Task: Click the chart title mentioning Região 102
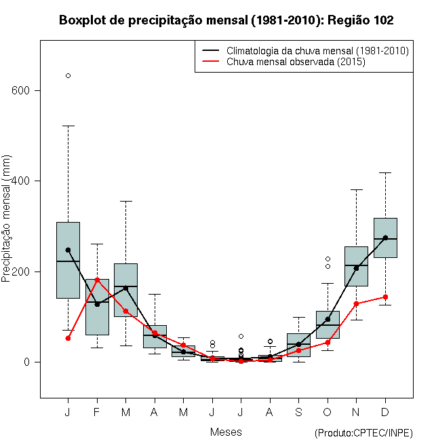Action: coord(226,20)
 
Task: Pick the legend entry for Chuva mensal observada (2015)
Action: coord(296,62)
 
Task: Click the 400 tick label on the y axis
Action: coord(22,181)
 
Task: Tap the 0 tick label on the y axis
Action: coord(28,362)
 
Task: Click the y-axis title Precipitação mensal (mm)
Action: coord(7,226)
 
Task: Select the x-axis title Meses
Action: coord(226,432)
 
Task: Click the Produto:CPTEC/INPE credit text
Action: coord(363,433)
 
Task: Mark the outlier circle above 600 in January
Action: coord(68,75)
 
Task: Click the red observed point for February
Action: coord(97,280)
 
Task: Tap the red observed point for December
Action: coord(385,297)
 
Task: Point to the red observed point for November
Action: coord(356,303)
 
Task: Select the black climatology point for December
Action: coord(385,238)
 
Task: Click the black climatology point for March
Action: coord(125,288)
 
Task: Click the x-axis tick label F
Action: coord(97,412)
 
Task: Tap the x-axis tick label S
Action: coord(298,412)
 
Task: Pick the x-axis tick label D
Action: coord(385,412)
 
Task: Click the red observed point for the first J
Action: coord(68,338)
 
